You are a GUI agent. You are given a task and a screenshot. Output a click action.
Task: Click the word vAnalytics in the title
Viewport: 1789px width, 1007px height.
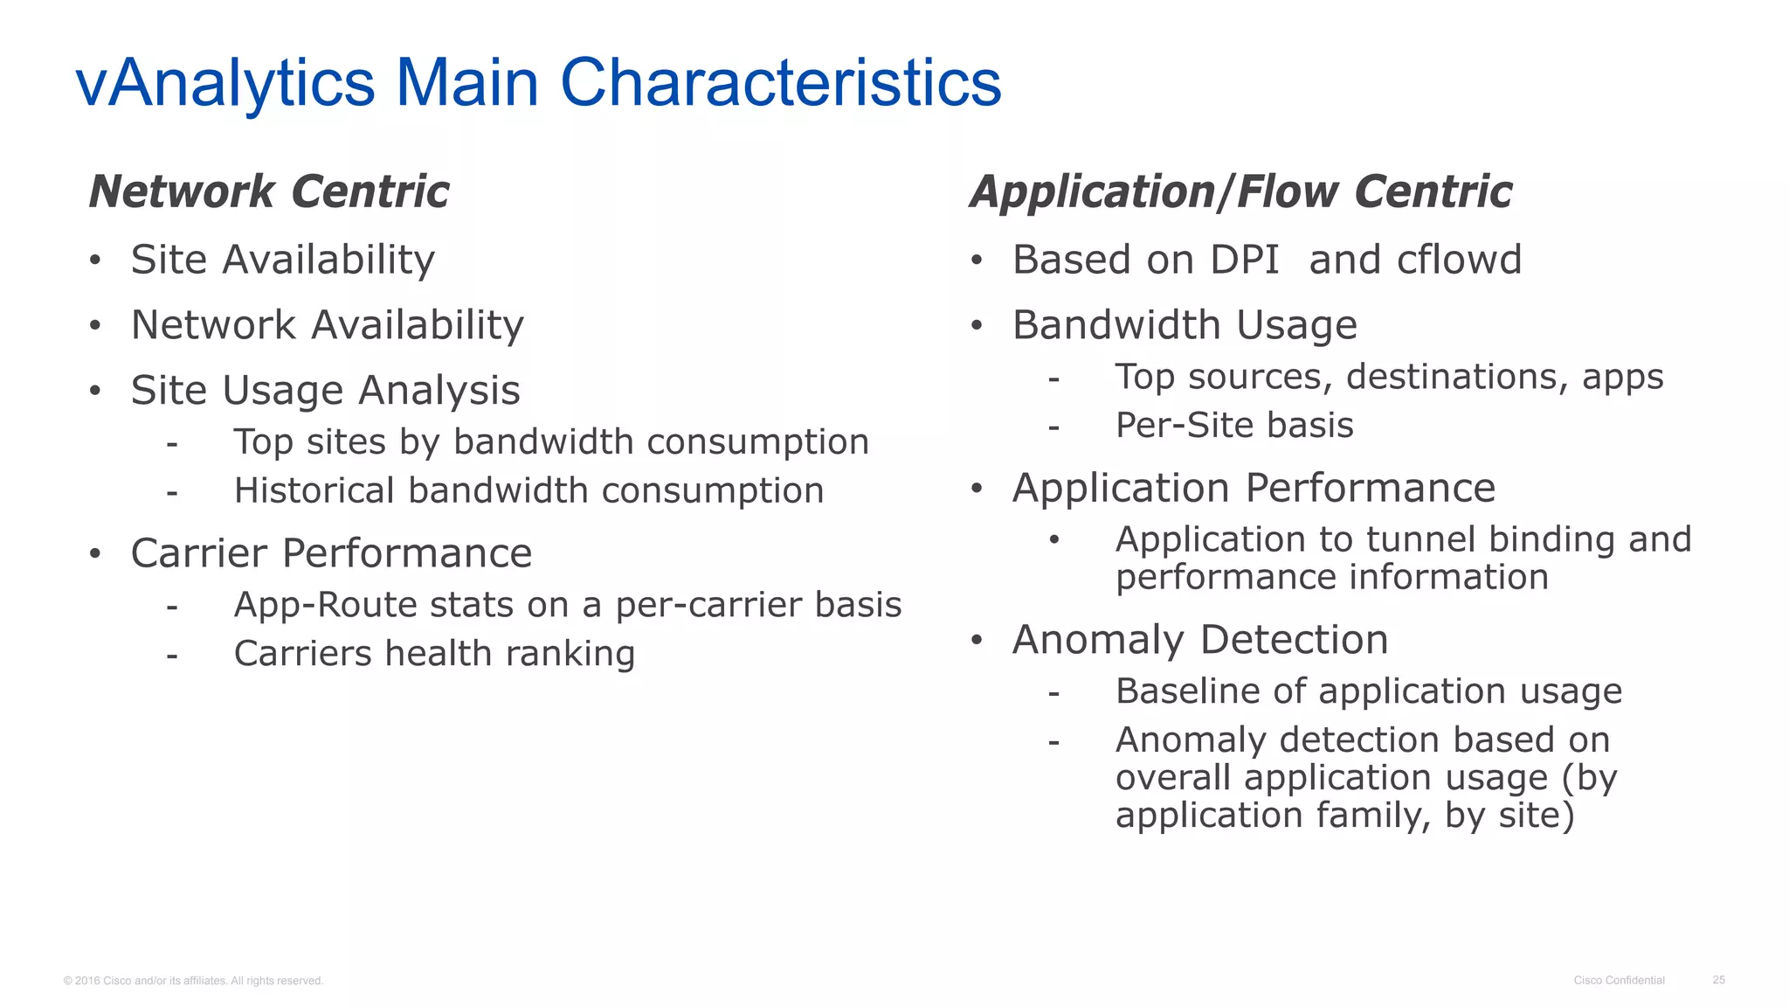click(x=225, y=83)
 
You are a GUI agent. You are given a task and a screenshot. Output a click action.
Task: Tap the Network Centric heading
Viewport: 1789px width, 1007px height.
click(x=269, y=191)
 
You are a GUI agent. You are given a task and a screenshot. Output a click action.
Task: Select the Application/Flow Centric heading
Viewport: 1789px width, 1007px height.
click(x=1240, y=191)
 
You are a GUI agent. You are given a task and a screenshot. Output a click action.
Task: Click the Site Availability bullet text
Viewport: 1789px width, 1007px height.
click(x=282, y=260)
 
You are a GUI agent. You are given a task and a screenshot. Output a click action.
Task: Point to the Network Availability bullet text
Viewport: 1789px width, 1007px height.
click(x=327, y=325)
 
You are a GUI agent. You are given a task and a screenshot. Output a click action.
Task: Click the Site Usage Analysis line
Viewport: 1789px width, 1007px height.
click(x=325, y=390)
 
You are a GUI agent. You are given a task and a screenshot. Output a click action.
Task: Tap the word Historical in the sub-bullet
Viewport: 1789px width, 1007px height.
click(x=314, y=490)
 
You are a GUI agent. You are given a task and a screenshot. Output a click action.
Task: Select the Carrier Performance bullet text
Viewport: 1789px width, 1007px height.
click(x=331, y=553)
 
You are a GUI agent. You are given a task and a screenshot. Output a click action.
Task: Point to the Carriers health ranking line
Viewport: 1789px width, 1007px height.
click(x=434, y=654)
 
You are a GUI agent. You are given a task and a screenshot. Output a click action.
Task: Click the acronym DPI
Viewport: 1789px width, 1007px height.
click(x=1244, y=260)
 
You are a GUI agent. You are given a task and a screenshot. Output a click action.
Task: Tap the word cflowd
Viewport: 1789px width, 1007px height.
click(x=1459, y=260)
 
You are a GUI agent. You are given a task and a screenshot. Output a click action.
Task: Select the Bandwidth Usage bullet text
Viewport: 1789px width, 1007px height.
click(x=1185, y=325)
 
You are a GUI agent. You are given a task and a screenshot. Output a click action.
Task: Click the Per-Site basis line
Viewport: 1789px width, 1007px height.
click(x=1234, y=426)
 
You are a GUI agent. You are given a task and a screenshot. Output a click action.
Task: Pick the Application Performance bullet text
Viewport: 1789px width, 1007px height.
click(x=1254, y=488)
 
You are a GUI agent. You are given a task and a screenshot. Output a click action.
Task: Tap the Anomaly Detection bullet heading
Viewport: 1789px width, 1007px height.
click(x=1200, y=640)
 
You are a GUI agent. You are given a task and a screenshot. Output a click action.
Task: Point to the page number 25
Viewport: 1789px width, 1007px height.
click(x=1718, y=980)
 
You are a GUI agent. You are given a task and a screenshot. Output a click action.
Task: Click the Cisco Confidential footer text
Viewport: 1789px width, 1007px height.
click(x=1619, y=980)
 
